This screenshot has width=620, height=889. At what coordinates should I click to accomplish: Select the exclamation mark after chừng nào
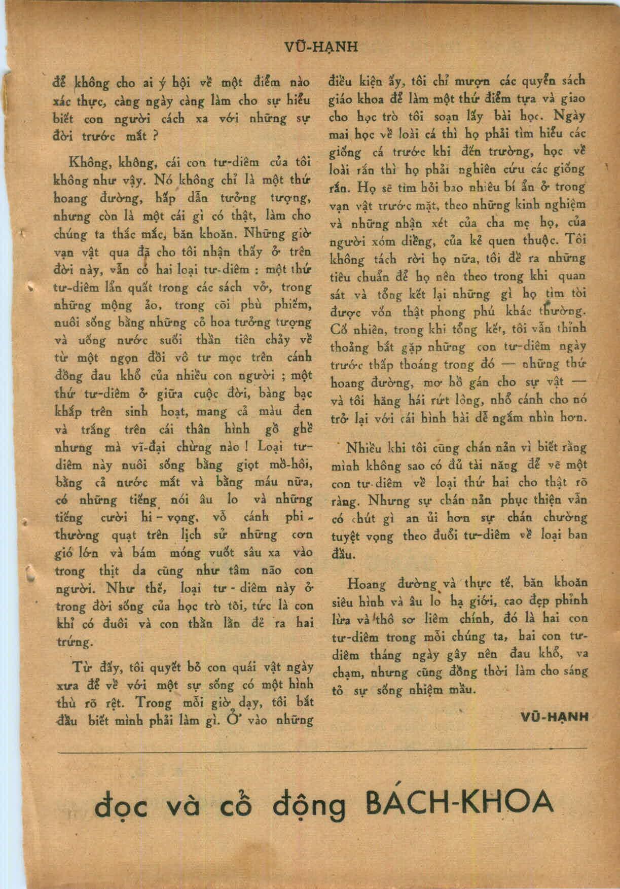point(245,447)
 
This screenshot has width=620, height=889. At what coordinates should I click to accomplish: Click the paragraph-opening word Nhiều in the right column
point(363,448)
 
